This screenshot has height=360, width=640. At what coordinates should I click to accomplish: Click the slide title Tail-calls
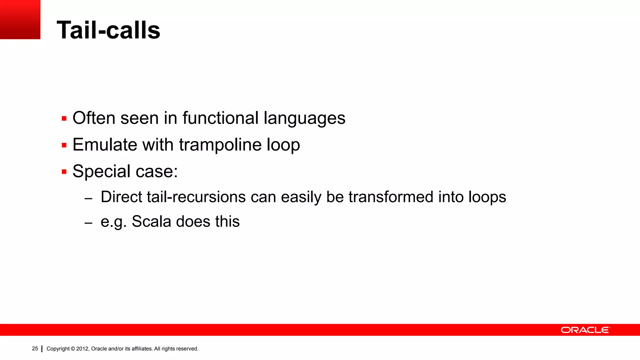[108, 30]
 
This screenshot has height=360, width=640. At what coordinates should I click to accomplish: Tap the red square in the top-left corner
[20, 19]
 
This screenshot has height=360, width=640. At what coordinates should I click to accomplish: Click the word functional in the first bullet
[221, 118]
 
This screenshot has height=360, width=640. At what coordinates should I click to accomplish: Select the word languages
[304, 119]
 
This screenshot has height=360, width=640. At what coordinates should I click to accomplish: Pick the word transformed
[391, 197]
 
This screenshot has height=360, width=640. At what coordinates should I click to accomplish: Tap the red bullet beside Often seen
[64, 119]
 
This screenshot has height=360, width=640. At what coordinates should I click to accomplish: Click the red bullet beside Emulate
[64, 145]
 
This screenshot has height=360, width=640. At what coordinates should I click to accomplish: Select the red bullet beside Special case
[64, 172]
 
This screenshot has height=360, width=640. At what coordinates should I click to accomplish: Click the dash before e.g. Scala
[88, 223]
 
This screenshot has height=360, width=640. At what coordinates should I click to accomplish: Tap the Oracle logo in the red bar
[585, 330]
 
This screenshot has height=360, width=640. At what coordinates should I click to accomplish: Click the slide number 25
[35, 348]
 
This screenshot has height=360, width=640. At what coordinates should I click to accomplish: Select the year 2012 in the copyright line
[82, 349]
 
